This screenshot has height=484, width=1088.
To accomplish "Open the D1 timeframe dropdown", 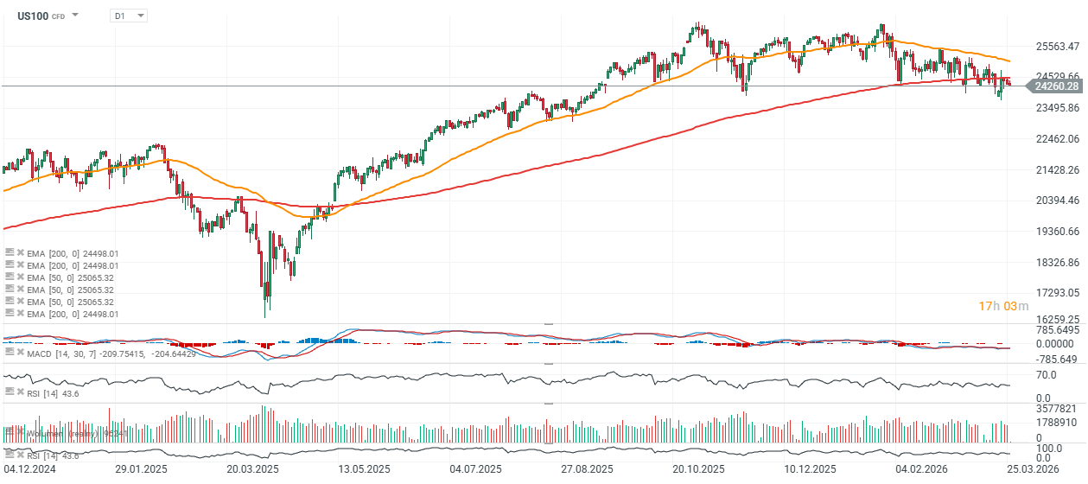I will [x=128, y=16].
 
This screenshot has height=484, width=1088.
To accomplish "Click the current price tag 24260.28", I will [x=1056, y=86].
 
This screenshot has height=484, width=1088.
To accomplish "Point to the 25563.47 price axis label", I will [x=1057, y=46].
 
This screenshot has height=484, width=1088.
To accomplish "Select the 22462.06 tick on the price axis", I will [x=1057, y=139].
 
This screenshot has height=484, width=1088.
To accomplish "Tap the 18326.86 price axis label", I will [x=1057, y=262].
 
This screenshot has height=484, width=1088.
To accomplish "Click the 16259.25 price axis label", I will [x=1057, y=319].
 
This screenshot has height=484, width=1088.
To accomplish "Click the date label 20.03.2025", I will [x=252, y=468].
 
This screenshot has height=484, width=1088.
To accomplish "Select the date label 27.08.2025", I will [x=587, y=468].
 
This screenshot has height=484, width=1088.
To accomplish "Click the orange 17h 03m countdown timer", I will [x=1003, y=306].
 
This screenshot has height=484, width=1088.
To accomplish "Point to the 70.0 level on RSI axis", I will [x=1046, y=374].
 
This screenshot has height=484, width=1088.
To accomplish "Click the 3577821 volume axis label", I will [x=1054, y=409].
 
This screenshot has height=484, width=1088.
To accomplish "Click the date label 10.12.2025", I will [x=810, y=468].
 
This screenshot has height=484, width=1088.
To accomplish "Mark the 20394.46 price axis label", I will [x=1057, y=201].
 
